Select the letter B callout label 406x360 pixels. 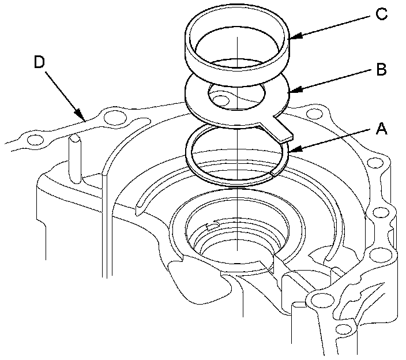click(381, 70)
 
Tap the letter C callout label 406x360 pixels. click(381, 14)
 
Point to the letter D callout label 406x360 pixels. click(39, 62)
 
